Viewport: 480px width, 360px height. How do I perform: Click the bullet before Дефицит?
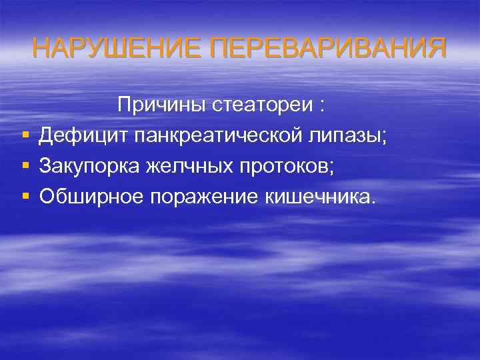tap(25, 136)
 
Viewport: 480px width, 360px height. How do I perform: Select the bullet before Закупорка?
tap(25, 166)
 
